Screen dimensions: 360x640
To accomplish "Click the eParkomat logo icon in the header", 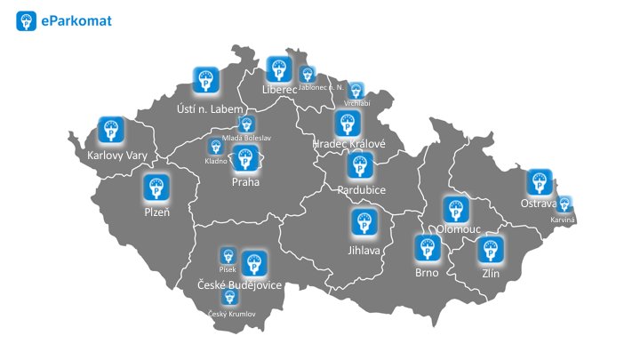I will [26, 21].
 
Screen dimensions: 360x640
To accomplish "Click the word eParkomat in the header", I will [76, 21].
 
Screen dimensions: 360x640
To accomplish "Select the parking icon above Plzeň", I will [157, 188].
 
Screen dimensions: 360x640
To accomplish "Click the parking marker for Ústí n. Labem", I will [206, 80].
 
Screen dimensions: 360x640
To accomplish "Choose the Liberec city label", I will [279, 90].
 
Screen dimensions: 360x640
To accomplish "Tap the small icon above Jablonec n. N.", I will [308, 75].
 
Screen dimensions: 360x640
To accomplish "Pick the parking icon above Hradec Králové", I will [348, 124].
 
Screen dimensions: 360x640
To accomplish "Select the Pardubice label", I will [361, 189].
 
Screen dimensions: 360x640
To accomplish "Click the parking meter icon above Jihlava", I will [363, 223].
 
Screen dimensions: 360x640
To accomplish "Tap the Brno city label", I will [427, 273].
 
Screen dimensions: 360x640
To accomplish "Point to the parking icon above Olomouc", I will [456, 211].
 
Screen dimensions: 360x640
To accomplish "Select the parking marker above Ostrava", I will [539, 183].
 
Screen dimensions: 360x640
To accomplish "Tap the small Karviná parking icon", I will [564, 205].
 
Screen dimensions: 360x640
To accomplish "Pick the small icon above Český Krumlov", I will [230, 299].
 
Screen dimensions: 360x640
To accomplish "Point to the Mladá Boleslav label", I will [247, 138].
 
